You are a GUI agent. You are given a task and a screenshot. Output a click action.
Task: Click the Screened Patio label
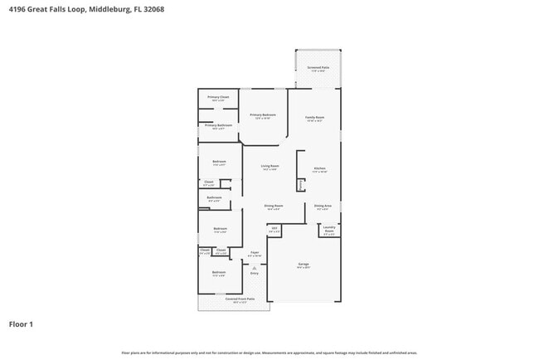point(318,68)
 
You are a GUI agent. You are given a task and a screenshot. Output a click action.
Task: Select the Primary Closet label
point(218,98)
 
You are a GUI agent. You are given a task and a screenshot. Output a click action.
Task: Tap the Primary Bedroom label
point(263,115)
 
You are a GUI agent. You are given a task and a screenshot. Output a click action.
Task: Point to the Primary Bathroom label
point(218,126)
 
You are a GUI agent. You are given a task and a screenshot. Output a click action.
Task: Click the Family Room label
point(314,118)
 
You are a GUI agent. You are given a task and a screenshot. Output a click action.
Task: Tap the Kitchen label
point(319,169)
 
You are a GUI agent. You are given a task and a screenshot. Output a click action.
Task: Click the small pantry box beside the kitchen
point(301,186)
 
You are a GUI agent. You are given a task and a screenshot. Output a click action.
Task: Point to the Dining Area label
point(323,206)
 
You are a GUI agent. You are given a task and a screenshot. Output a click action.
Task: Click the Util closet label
point(274,228)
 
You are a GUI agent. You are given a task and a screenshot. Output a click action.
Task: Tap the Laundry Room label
point(328,230)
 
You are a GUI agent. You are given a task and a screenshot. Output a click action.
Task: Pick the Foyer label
point(255,253)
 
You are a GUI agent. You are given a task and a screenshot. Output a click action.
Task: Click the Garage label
point(303,265)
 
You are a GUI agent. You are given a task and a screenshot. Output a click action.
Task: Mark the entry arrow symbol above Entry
point(255,267)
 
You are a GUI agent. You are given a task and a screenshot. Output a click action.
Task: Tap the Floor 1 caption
point(21,324)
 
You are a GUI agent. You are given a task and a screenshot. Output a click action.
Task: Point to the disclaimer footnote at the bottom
point(269,353)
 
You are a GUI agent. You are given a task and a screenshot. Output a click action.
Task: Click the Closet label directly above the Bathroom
point(209,182)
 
